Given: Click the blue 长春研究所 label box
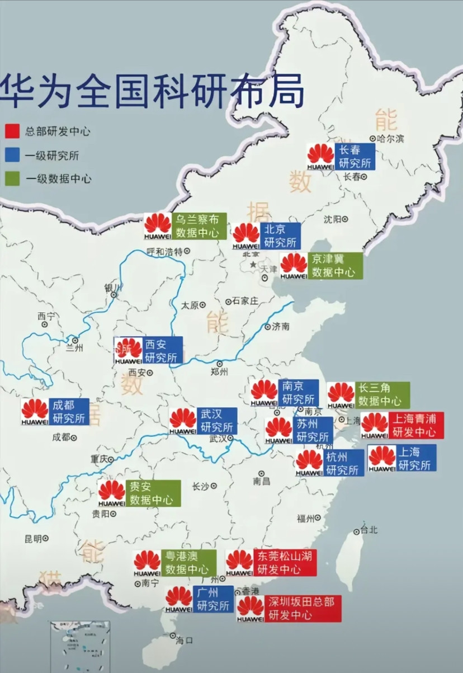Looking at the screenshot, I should (x=355, y=157).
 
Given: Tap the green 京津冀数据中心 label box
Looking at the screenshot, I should (x=335, y=266).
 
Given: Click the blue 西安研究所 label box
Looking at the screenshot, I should (x=163, y=351).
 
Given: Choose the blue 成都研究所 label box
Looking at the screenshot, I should (x=69, y=412).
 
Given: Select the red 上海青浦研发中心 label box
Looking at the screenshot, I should (x=416, y=425).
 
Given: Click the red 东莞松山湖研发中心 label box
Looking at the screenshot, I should (x=285, y=562).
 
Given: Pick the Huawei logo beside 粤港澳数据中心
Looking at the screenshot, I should (x=147, y=563).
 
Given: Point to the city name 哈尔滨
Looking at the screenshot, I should (x=390, y=138).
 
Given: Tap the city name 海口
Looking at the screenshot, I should (x=184, y=640).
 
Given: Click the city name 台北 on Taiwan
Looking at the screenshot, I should (x=370, y=530).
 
